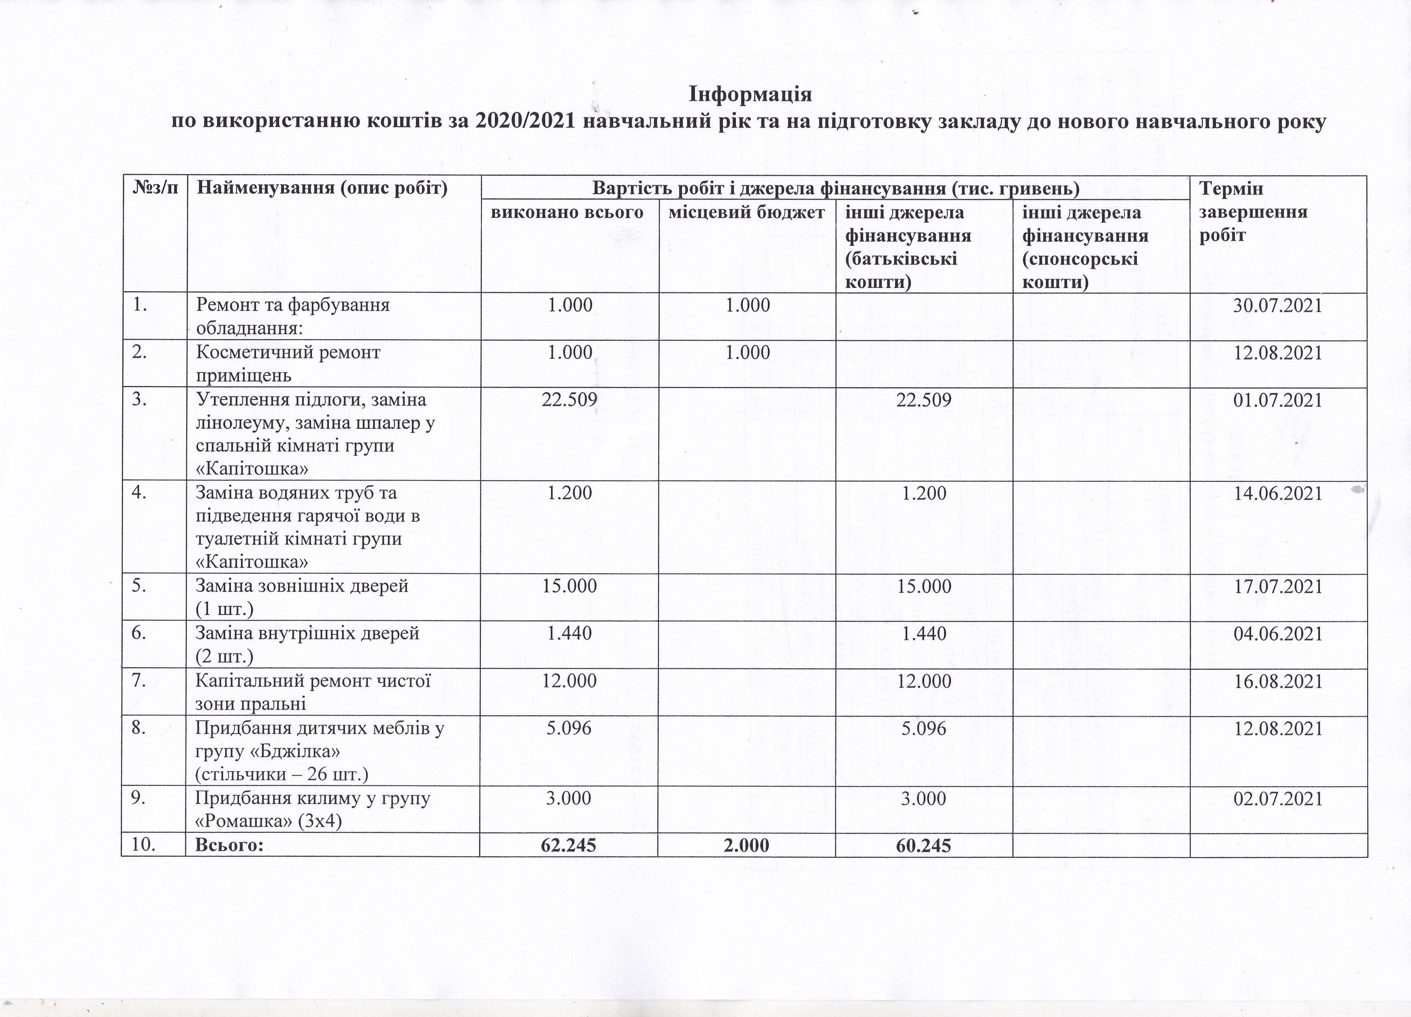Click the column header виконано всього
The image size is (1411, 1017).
point(567,213)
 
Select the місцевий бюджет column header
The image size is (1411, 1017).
point(746,213)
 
